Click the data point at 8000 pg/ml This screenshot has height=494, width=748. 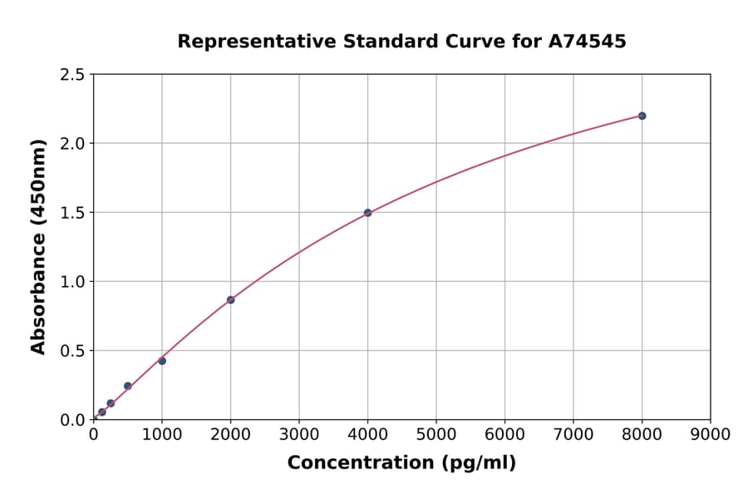(x=642, y=116)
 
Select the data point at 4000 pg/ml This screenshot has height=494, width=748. (x=367, y=213)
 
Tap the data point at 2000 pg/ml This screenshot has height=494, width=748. (x=230, y=299)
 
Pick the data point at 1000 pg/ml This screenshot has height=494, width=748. (x=162, y=361)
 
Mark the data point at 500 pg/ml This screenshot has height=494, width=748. (x=127, y=386)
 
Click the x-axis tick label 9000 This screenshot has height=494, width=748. (x=711, y=434)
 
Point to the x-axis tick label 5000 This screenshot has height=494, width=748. (x=436, y=434)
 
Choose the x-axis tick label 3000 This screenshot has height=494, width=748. (x=299, y=434)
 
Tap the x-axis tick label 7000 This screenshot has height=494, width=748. (x=573, y=434)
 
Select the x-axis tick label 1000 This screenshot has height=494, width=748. (x=162, y=434)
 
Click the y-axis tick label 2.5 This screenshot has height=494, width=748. (x=73, y=75)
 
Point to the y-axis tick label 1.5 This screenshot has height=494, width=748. (x=73, y=213)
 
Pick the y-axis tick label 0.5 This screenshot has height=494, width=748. (x=73, y=351)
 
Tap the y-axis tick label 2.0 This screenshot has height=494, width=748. (x=73, y=144)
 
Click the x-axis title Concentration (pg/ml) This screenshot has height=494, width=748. (x=401, y=463)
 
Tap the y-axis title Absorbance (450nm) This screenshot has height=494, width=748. (x=38, y=246)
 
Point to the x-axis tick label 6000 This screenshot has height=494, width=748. (x=504, y=434)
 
